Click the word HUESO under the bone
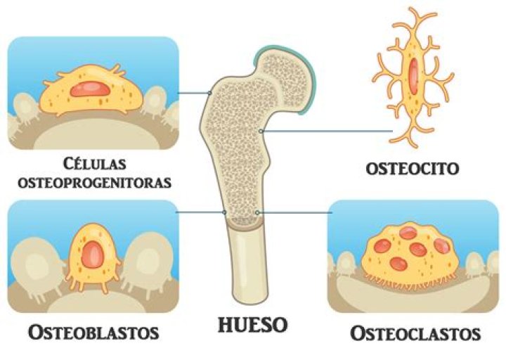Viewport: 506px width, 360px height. pos(253,325)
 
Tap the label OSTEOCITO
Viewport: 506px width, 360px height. pos(413,169)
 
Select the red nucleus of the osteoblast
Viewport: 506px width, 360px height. pos(94,250)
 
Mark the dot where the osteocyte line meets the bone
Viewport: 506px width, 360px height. pos(261,131)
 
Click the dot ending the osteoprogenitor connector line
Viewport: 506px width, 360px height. pos(209,93)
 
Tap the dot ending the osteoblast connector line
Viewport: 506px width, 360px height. pos(223,212)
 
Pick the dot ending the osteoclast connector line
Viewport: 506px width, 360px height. pos(258,212)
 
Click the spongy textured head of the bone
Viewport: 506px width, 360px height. pos(281,77)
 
